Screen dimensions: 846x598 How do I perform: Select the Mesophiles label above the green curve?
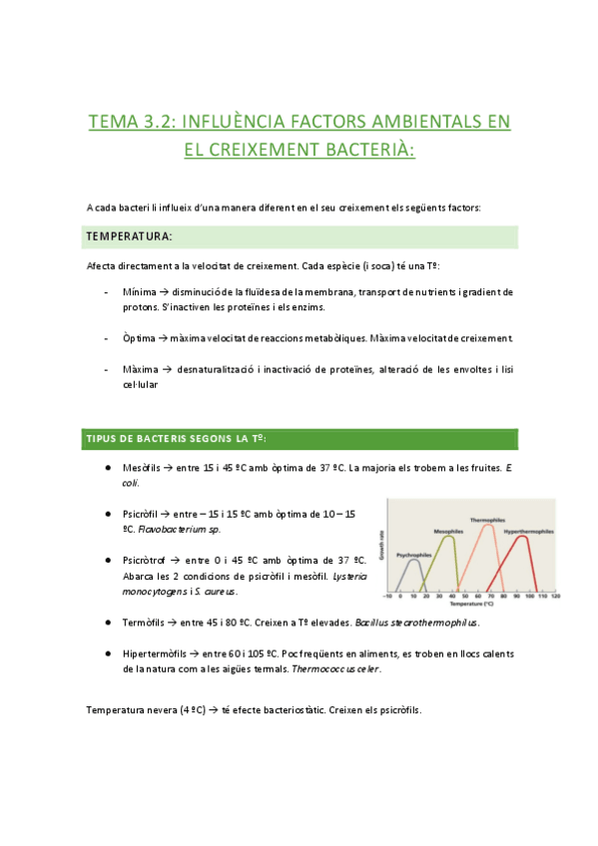coord(448,531)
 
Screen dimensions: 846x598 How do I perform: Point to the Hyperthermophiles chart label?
coord(529,532)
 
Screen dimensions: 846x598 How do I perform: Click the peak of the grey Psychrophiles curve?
coord(412,561)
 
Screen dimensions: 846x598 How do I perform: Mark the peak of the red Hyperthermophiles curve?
coord(530,539)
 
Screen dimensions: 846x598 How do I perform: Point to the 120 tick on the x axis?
coord(554,597)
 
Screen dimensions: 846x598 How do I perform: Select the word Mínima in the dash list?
coord(142,291)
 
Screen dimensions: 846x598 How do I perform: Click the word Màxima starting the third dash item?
coord(143,368)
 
